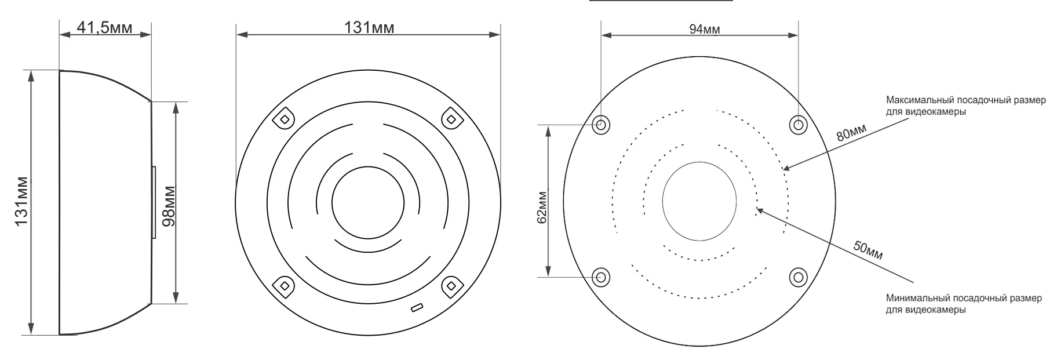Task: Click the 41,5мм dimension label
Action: pyautogui.click(x=104, y=27)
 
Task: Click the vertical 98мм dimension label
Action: pyautogui.click(x=169, y=206)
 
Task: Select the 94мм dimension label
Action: pyautogui.click(x=705, y=30)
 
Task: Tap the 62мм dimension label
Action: pyautogui.click(x=542, y=207)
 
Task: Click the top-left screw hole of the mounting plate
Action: pyautogui.click(x=601, y=124)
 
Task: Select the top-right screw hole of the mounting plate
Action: pyautogui.click(x=798, y=124)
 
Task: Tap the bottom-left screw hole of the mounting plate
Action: pyautogui.click(x=601, y=277)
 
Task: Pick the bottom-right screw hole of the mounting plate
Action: pyautogui.click(x=798, y=277)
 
